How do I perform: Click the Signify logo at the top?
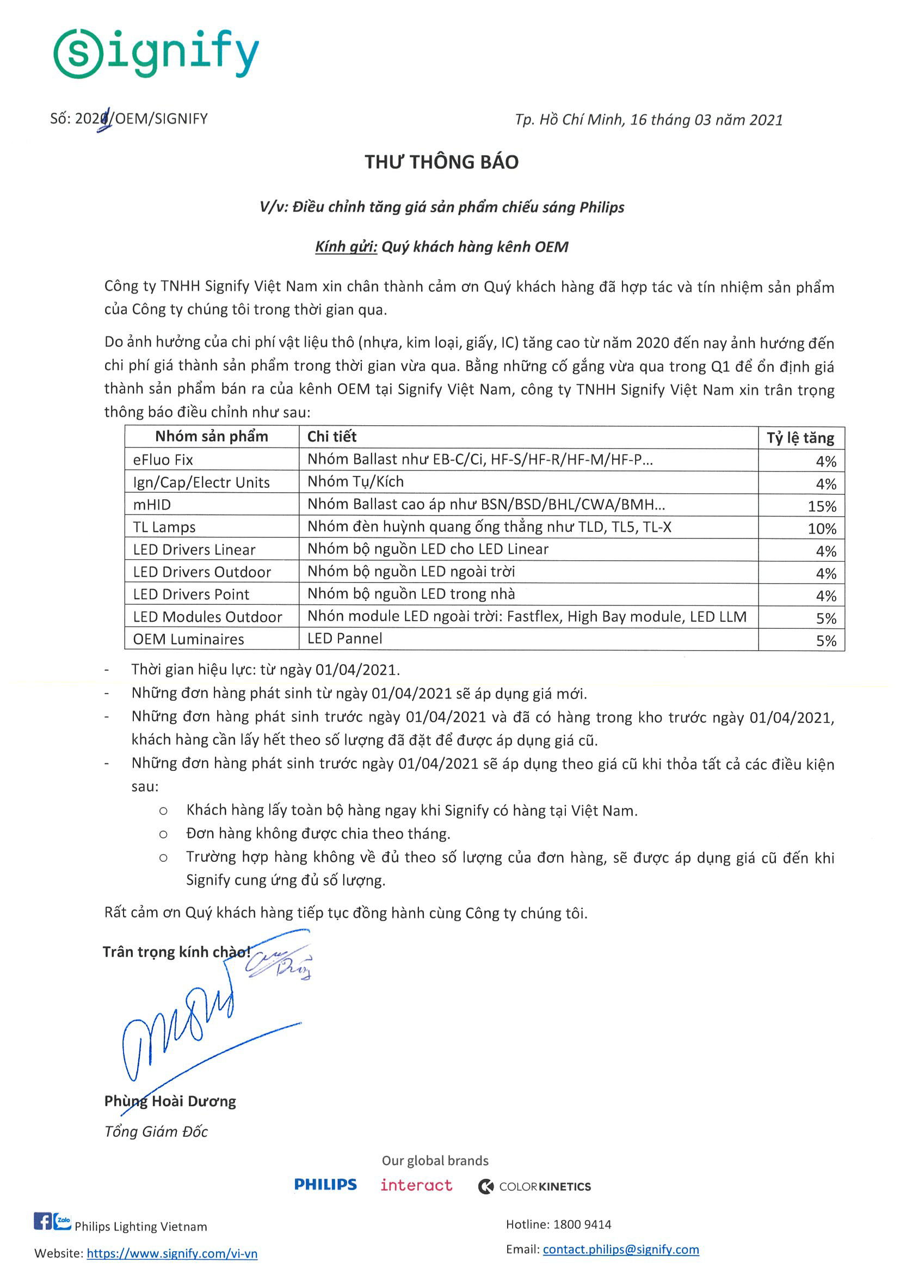click(x=156, y=53)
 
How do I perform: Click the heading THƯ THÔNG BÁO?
click(x=441, y=162)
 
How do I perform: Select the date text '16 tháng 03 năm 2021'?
click(x=706, y=120)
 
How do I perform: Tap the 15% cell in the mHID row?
click(x=821, y=506)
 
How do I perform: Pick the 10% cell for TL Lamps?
click(x=821, y=528)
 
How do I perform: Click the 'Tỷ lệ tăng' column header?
click(x=800, y=438)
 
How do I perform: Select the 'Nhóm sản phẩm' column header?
click(x=211, y=437)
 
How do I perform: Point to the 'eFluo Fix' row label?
click(x=163, y=460)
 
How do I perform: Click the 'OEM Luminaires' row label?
click(x=188, y=639)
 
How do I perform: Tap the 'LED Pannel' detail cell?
click(x=345, y=639)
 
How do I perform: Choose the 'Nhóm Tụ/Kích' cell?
click(x=355, y=482)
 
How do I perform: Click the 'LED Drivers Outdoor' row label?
click(x=202, y=572)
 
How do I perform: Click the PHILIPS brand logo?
click(x=325, y=1185)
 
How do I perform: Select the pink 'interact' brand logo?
click(x=416, y=1185)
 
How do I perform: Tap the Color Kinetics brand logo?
click(x=534, y=1186)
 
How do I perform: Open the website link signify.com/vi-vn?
click(x=172, y=1253)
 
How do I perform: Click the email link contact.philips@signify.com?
click(x=620, y=1249)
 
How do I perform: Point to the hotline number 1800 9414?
click(x=582, y=1224)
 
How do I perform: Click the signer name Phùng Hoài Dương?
click(x=170, y=1101)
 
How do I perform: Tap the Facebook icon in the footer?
click(x=42, y=1221)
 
